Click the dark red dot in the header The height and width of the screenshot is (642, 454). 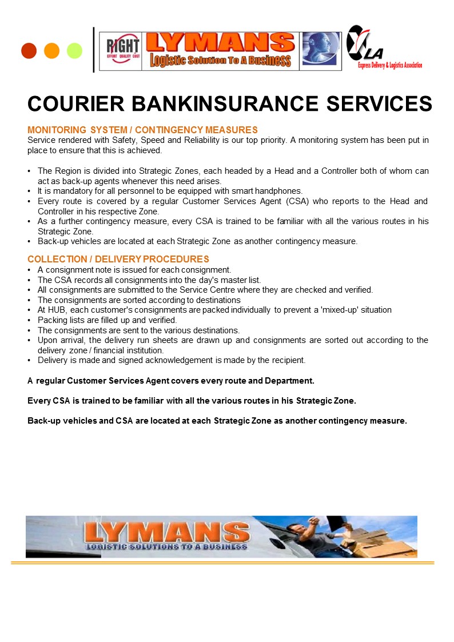click(x=29, y=51)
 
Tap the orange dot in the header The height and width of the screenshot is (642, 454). click(x=51, y=51)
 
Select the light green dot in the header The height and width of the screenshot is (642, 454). click(x=74, y=51)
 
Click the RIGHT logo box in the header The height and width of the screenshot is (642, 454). click(x=120, y=51)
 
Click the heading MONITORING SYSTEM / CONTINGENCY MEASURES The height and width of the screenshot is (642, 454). click(x=142, y=130)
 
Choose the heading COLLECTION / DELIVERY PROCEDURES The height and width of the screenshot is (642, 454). click(x=118, y=260)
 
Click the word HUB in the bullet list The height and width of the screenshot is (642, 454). click(x=57, y=310)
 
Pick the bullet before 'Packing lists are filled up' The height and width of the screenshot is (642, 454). click(x=29, y=320)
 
